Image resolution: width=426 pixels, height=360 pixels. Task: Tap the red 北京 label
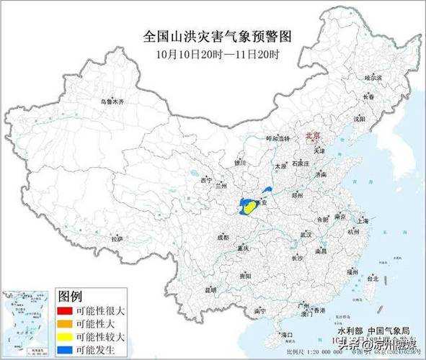point(313,135)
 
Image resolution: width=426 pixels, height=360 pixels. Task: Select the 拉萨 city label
point(117,238)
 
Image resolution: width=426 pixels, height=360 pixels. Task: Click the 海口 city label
point(288,335)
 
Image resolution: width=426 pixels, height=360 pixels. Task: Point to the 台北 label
point(372,277)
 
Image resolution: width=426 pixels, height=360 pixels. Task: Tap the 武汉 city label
point(306,234)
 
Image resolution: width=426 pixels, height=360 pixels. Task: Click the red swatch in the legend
point(64,312)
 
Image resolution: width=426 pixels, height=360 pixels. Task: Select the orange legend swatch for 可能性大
point(64,324)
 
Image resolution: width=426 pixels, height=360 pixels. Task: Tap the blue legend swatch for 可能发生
point(64,349)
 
